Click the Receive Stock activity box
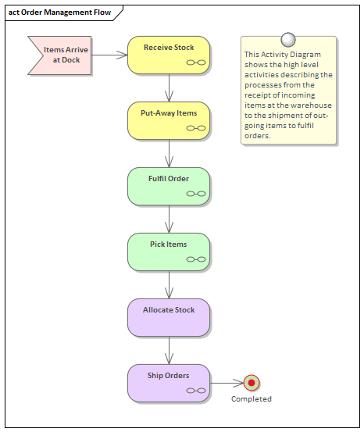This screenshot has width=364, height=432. pos(169,55)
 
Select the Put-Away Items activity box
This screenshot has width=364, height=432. pos(169,120)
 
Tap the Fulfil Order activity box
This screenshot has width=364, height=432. pos(169,186)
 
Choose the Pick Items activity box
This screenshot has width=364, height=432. pos(169,252)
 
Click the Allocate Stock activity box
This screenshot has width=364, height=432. pos(169,317)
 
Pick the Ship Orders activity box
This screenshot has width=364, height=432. pos(169,383)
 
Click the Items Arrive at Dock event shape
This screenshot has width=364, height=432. pos(62,55)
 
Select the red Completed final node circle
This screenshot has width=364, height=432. pos(252,383)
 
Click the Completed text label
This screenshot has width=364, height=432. pos(252,399)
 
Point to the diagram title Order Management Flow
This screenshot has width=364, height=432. pos(59,13)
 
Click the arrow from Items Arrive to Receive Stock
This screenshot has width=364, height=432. pos(109,55)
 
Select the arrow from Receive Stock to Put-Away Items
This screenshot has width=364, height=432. pos(169,87)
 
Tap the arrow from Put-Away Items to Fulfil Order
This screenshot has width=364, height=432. pos(169,153)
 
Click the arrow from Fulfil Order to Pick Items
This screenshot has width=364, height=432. pos(169,219)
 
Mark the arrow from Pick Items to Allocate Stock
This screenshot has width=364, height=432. pos(169,284)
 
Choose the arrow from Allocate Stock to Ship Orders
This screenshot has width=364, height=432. pos(169,350)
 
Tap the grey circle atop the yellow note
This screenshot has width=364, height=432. pos(288,38)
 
